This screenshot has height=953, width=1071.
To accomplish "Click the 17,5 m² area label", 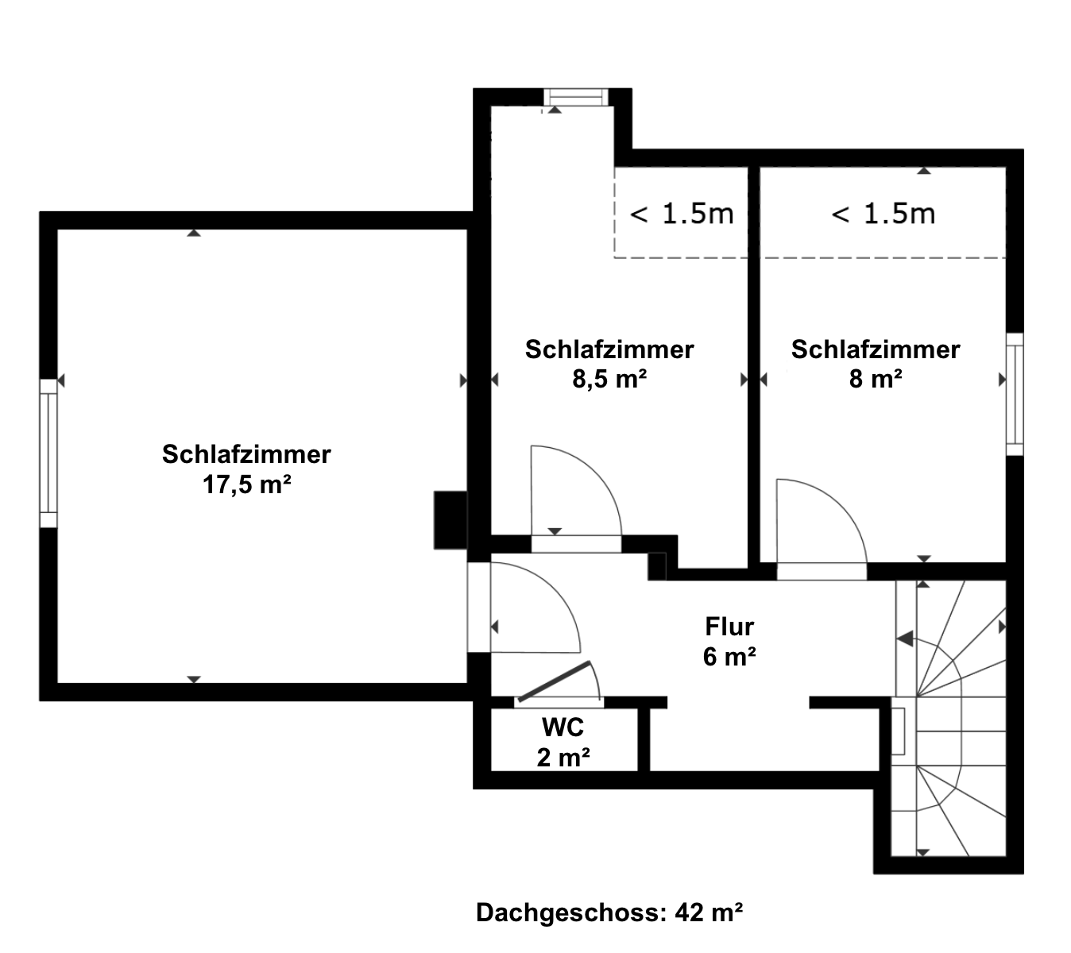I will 246,484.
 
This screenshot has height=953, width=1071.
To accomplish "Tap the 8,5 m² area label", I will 609,380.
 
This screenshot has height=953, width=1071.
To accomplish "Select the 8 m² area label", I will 876,380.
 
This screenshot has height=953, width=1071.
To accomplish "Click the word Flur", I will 729,627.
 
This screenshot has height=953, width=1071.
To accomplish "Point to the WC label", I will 563,727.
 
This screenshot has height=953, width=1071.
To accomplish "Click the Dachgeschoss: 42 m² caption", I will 609,912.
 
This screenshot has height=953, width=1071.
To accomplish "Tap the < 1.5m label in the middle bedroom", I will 682,214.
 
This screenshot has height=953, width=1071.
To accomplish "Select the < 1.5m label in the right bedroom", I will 883,214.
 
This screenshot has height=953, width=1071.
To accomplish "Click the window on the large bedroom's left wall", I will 48,453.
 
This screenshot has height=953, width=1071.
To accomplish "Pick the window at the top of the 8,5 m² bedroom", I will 576,97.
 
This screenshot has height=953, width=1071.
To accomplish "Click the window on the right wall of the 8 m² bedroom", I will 1015,394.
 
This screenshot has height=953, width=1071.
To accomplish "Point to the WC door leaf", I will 554,682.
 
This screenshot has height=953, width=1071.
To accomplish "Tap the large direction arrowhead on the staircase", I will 905,638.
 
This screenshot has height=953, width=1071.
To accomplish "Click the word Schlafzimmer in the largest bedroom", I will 246,454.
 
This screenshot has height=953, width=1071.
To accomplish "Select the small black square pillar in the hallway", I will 657,565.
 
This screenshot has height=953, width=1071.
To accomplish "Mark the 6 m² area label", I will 729,657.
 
